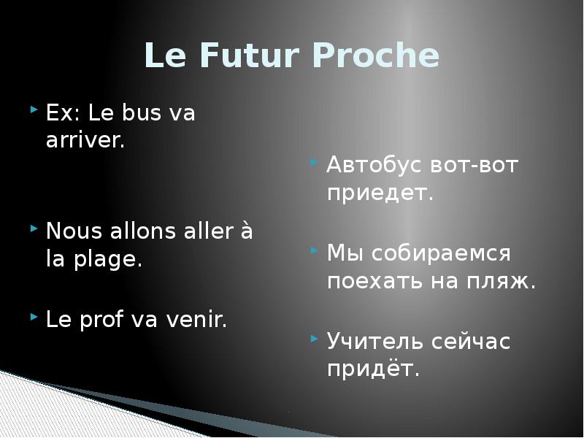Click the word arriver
(85, 141)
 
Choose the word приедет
(380, 195)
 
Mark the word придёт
(373, 369)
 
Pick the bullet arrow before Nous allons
(34, 228)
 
